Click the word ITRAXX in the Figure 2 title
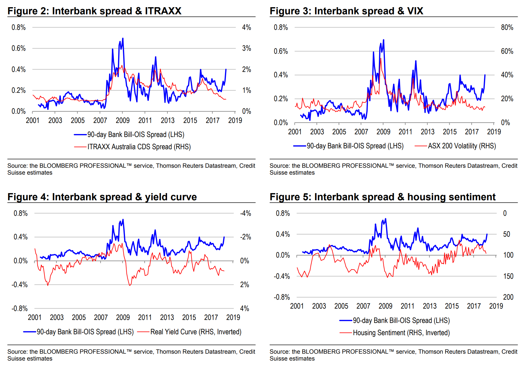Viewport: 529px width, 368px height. click(163, 11)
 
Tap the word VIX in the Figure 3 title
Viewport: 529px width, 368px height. click(415, 11)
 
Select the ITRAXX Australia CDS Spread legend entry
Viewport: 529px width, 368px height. click(139, 147)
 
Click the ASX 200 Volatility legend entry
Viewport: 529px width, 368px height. click(462, 146)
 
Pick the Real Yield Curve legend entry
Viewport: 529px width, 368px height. click(196, 332)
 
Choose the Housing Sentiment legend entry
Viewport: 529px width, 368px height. click(401, 333)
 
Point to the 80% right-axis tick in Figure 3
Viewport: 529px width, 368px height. click(507, 27)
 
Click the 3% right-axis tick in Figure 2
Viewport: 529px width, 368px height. click(246, 48)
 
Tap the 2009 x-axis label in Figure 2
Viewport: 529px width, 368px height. click(123, 121)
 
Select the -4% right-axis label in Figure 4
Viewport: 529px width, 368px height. click(246, 213)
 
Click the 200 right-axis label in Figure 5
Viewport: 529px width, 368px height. click(508, 297)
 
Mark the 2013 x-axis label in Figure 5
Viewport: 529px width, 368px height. click(430, 306)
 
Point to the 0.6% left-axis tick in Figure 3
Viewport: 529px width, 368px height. click(281, 51)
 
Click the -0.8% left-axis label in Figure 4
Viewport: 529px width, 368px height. click(20, 309)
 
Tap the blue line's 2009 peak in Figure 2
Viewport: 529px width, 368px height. click(123, 39)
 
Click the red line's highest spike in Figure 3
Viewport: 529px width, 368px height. click(380, 58)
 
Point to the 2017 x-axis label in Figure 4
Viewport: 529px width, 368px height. click(211, 318)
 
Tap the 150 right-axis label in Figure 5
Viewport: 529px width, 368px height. click(508, 276)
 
